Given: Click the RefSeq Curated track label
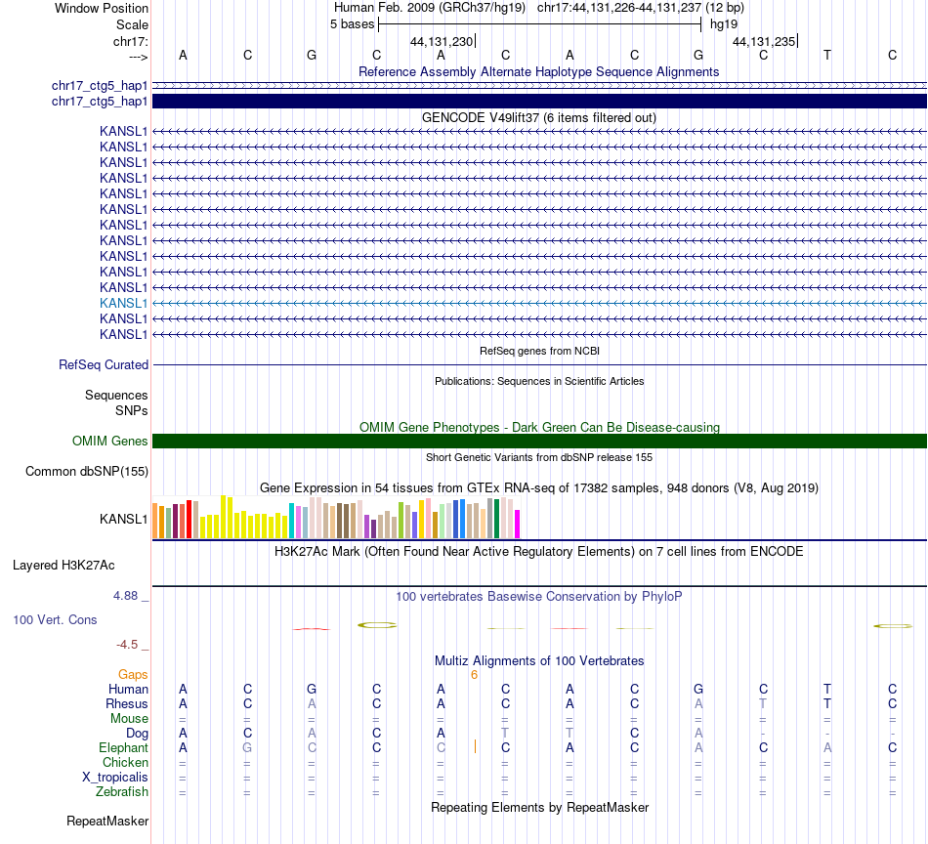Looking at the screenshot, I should pyautogui.click(x=104, y=364).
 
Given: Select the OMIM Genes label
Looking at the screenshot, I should pyautogui.click(x=110, y=441).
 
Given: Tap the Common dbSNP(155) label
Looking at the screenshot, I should pyautogui.click(x=87, y=472).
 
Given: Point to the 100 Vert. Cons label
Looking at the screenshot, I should pyautogui.click(x=55, y=619).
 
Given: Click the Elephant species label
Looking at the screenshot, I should pyautogui.click(x=123, y=747).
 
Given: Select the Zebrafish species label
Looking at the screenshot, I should pyautogui.click(x=123, y=791).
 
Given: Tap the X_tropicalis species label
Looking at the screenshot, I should pyautogui.click(x=115, y=777).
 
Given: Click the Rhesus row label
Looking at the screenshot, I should pyautogui.click(x=127, y=703).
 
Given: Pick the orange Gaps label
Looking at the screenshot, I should pyautogui.click(x=133, y=674).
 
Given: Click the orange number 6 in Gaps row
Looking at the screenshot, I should pyautogui.click(x=474, y=674).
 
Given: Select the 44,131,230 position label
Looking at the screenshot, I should pyautogui.click(x=442, y=41).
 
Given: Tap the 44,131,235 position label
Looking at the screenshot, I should pyautogui.click(x=764, y=41).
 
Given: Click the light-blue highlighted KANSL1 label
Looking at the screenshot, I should pyautogui.click(x=123, y=303).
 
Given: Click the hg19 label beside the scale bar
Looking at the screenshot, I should pyautogui.click(x=724, y=23).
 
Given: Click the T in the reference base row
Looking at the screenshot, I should pyautogui.click(x=827, y=55).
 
